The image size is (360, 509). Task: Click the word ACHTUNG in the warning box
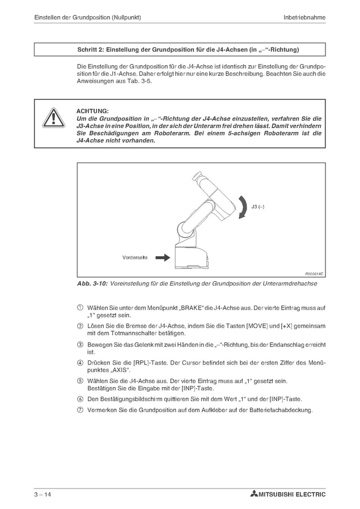[92, 111]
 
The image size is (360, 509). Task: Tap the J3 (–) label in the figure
[258, 207]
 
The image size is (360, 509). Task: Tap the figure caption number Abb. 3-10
[92, 284]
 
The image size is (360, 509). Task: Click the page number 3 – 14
[43, 495]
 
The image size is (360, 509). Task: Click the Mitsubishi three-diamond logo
[253, 495]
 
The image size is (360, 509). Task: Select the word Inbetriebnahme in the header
[304, 18]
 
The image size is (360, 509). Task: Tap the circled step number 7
[80, 410]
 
